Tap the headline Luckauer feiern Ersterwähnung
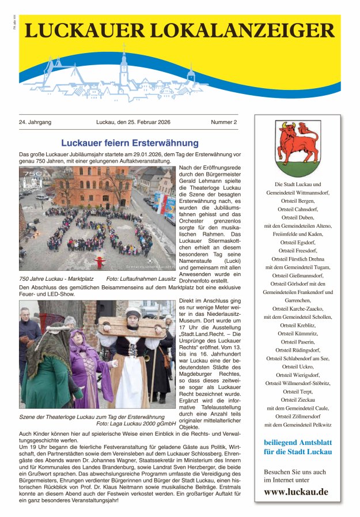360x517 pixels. point(130,143)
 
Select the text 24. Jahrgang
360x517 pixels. point(35,122)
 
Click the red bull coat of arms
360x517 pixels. point(297,147)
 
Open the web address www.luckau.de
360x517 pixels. point(296,492)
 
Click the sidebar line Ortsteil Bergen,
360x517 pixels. point(298,201)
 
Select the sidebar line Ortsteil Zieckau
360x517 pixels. point(298,399)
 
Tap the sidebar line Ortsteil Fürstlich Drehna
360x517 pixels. point(298,259)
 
